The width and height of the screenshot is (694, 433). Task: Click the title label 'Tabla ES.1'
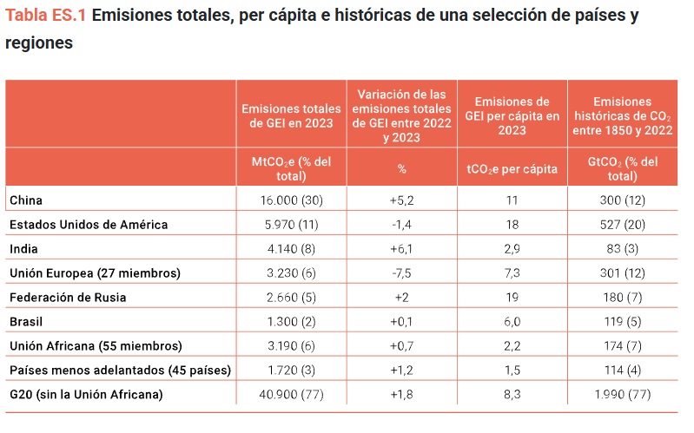point(45,16)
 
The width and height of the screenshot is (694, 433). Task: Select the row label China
point(26,200)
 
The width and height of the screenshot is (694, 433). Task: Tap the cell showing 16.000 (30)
point(291,200)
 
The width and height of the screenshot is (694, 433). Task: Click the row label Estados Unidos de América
point(89,225)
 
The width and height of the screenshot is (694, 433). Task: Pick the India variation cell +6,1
point(401,249)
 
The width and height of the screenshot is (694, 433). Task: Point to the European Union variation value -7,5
point(401,272)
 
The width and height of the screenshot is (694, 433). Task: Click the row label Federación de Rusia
point(68,298)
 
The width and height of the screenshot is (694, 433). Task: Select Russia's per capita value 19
point(512,298)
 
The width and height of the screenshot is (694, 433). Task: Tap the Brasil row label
point(26,322)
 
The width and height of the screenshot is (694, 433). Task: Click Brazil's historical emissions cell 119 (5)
point(623,322)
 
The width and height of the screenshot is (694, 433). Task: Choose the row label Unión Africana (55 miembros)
point(96,346)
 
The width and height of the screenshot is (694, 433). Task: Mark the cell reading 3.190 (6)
point(291,346)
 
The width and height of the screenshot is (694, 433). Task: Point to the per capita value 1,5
point(512,371)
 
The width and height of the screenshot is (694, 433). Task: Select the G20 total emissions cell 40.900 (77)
point(291,395)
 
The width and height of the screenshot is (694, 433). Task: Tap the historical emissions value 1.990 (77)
point(623,395)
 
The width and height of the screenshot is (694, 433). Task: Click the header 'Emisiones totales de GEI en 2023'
point(291,116)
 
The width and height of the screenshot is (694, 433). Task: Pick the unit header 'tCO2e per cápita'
point(512,169)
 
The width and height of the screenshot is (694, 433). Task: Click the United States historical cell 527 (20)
point(623,225)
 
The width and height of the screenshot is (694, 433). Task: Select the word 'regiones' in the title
point(39,43)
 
